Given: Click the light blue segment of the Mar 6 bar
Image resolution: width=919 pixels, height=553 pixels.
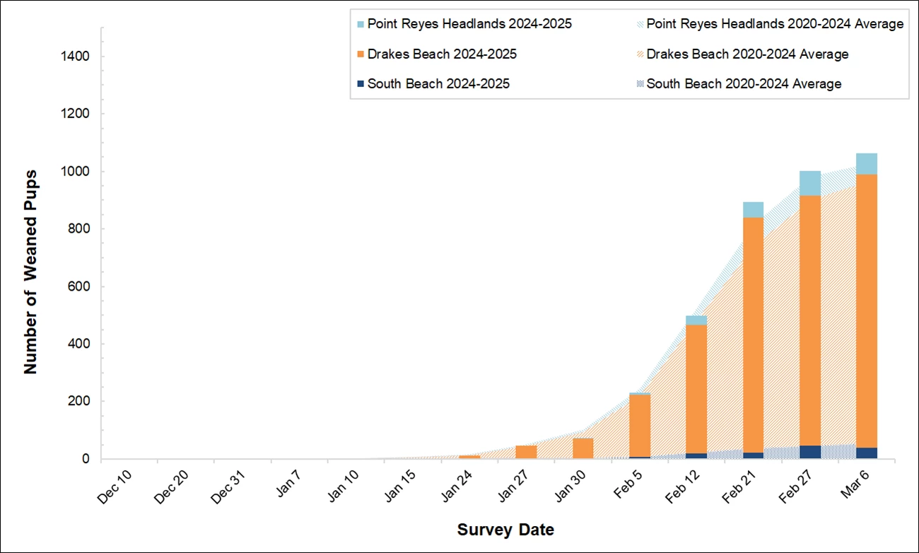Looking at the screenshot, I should [x=866, y=163].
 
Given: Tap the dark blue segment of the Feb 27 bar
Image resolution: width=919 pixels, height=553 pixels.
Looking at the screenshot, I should [x=809, y=452].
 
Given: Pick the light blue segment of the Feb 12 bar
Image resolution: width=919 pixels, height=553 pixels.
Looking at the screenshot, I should [x=696, y=320].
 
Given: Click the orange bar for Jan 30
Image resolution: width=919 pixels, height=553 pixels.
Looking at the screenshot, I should [x=583, y=448].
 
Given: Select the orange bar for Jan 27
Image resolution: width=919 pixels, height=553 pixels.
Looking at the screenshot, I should [x=526, y=452].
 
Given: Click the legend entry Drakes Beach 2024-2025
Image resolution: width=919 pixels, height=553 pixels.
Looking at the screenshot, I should [x=441, y=54].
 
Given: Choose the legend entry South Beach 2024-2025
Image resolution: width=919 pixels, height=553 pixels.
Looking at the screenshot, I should [x=438, y=84].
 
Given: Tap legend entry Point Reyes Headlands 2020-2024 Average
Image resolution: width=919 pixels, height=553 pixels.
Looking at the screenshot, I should [x=774, y=24].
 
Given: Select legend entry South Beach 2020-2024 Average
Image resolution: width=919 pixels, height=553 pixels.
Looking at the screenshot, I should [x=744, y=84].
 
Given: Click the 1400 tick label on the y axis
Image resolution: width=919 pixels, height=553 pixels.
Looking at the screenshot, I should [x=76, y=57].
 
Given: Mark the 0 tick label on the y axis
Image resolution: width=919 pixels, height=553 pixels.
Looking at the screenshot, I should [x=86, y=459].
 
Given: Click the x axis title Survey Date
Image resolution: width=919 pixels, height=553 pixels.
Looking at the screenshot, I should [x=505, y=530].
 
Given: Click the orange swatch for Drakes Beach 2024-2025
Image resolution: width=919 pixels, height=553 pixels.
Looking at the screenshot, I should [x=361, y=54].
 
